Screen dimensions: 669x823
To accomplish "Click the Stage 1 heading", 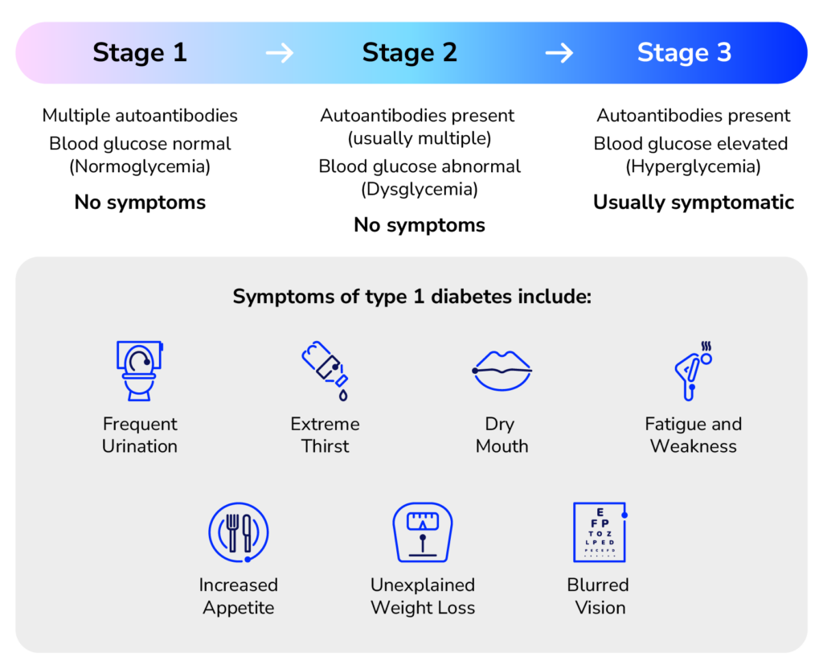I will pos(139,52).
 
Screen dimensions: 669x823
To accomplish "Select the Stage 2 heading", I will pos(409,52).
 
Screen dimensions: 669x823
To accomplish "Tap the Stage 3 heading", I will pos(684,52).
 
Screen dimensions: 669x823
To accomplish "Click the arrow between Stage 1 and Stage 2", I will pos(280,53).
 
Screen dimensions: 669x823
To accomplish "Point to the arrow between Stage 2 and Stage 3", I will pos(559,53).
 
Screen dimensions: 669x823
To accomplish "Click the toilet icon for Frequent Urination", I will pos(139,370).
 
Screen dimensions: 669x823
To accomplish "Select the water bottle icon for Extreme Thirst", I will pos(325,370).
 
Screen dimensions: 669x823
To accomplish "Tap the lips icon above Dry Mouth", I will pos(502,370).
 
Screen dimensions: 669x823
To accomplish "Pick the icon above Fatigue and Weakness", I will pos(692,370).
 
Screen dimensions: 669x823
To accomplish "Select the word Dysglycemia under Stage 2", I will pos(420,190).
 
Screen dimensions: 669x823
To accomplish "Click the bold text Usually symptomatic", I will pos(693,203).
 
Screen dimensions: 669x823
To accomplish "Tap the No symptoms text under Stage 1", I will pos(140,203).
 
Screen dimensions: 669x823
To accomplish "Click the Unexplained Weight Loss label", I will pos(422,596).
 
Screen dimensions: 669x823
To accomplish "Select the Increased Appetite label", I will pos(239,596).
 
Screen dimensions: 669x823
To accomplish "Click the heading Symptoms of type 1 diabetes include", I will pos(411,297).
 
